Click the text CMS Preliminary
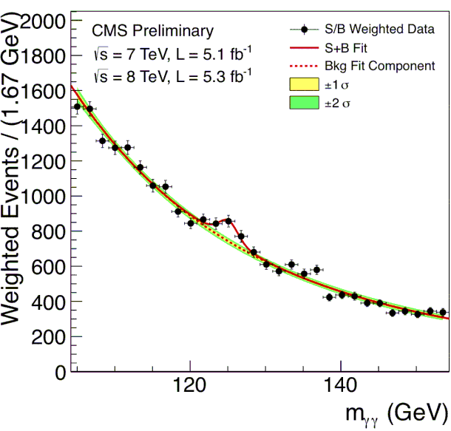tap(152, 31)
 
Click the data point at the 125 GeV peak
tap(228, 221)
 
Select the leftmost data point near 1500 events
tap(77, 107)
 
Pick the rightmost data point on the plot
tap(442, 312)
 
